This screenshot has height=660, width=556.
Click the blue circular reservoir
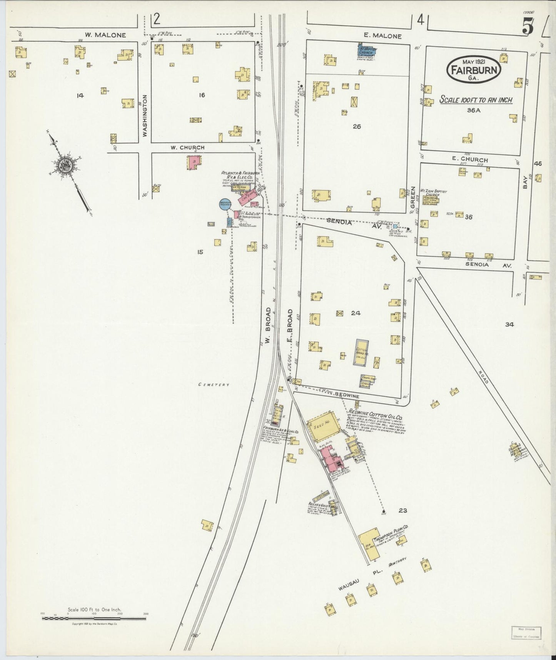225,205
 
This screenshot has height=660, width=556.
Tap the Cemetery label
214,384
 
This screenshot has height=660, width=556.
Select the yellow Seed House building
324,426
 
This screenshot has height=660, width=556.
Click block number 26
357,126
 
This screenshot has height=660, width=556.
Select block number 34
509,325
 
